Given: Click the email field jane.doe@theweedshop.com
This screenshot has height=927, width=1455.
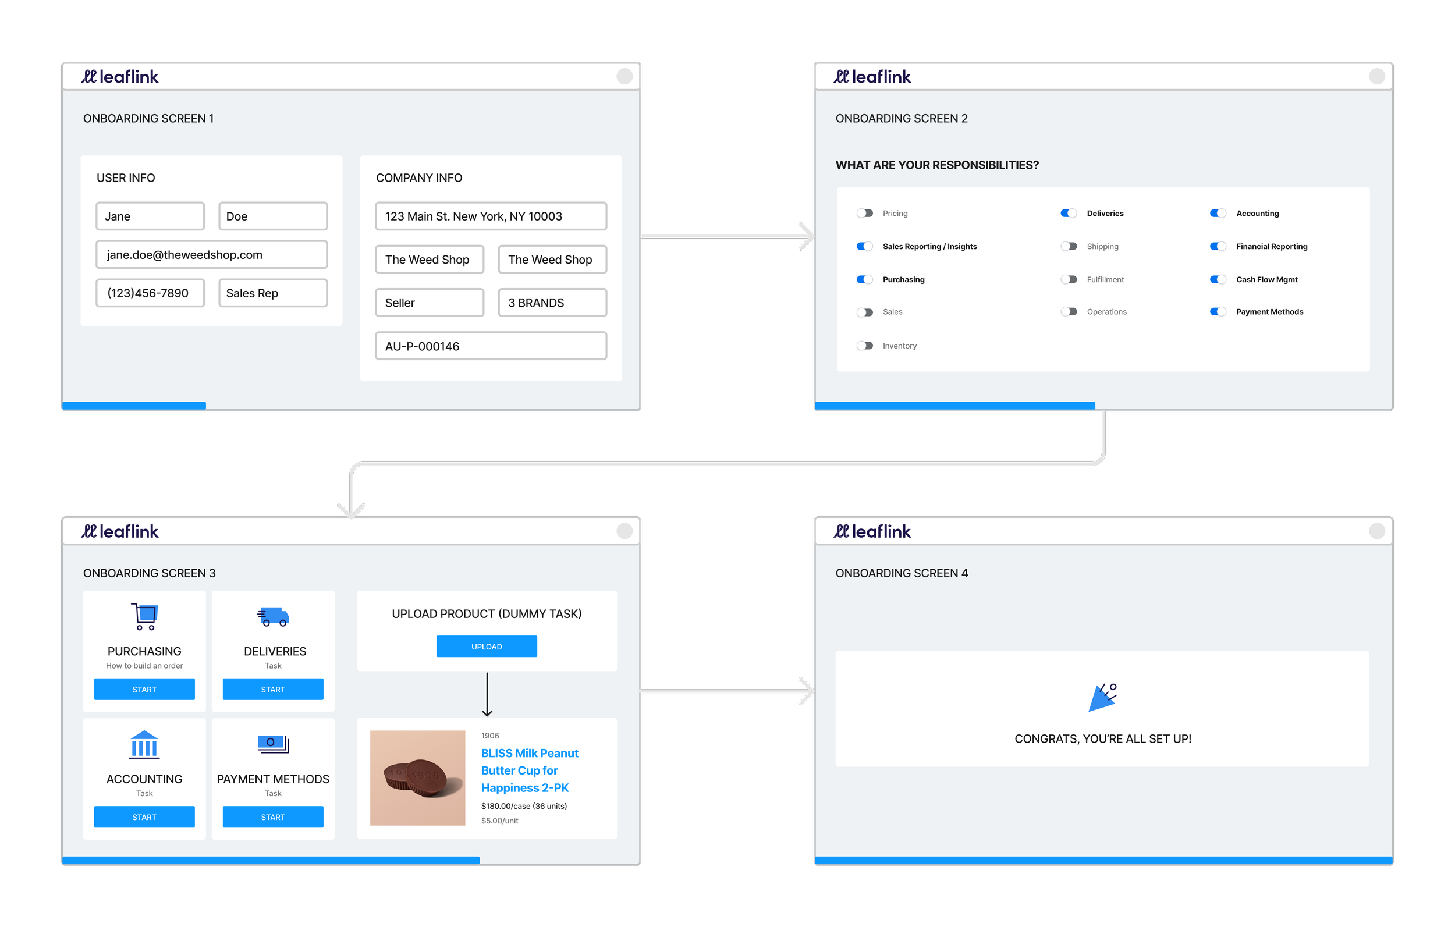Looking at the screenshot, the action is pyautogui.click(x=211, y=255).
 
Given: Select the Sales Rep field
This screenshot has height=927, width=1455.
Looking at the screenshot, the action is pyautogui.click(x=272, y=293).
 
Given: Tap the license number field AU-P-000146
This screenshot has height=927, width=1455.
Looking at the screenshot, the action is pyautogui.click(x=491, y=346).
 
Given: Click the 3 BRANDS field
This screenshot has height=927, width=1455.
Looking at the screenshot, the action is pyautogui.click(x=552, y=303).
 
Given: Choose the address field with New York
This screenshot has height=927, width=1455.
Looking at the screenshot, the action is pyautogui.click(x=491, y=216).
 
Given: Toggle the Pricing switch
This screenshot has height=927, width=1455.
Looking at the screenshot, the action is pyautogui.click(x=865, y=214).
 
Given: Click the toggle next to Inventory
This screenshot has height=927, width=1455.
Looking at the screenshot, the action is pyautogui.click(x=865, y=346).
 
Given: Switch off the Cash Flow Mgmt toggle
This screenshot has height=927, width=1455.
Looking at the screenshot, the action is pyautogui.click(x=1218, y=279).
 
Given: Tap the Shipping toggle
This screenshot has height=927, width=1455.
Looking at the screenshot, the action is pyautogui.click(x=1069, y=247).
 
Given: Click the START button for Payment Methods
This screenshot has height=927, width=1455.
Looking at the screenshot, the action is pyautogui.click(x=272, y=817).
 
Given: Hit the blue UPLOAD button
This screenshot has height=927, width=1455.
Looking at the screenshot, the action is pyautogui.click(x=487, y=647).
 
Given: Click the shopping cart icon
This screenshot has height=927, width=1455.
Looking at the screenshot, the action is pyautogui.click(x=144, y=616).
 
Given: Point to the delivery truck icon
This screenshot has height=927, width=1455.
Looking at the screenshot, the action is pyautogui.click(x=273, y=616).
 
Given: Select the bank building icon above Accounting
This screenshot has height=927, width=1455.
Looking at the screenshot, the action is pyautogui.click(x=144, y=744).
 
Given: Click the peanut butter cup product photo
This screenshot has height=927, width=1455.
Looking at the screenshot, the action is pyautogui.click(x=417, y=777).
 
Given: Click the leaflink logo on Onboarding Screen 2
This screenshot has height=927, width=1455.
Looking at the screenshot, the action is pyautogui.click(x=872, y=77).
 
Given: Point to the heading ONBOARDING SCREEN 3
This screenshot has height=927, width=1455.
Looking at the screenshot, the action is pyautogui.click(x=149, y=573).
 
